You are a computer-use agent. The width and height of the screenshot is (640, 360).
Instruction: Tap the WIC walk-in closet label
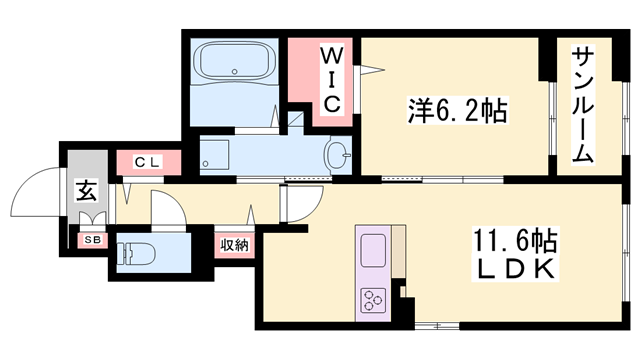pyautogui.click(x=333, y=78)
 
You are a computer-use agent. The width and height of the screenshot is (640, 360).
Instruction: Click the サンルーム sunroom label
pyautogui.click(x=584, y=104)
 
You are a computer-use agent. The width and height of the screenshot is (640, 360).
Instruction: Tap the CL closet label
pyautogui.click(x=147, y=161)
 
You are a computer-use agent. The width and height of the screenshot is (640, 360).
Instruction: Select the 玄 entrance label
pyautogui.click(x=86, y=188)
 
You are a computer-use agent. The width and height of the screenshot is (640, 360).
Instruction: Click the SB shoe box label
pyautogui.click(x=92, y=240)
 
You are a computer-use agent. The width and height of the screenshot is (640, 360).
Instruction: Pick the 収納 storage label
pyautogui.click(x=236, y=244)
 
